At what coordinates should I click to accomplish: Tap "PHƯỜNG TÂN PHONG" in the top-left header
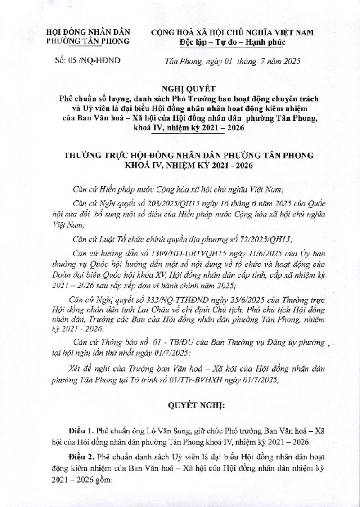pyautogui.click(x=88, y=41)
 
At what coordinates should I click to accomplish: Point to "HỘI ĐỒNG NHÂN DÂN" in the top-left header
pyautogui.click(x=88, y=32)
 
